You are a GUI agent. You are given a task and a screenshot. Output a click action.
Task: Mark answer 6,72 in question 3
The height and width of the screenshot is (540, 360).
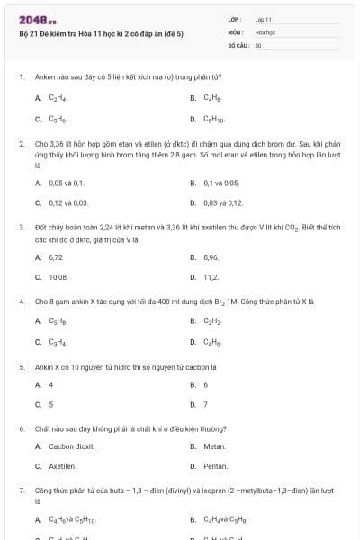pos(56,256)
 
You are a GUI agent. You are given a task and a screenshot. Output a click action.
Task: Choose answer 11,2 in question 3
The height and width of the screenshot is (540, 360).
pos(211,277)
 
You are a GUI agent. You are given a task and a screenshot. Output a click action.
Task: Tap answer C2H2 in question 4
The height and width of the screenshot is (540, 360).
pos(212,320)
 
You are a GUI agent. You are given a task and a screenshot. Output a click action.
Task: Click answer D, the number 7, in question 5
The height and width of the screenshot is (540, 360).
pos(205,405)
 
